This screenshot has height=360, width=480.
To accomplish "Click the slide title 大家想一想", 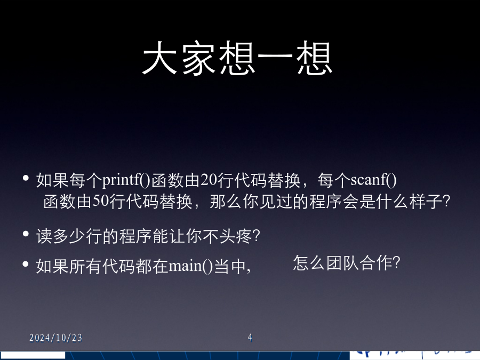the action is point(237,58).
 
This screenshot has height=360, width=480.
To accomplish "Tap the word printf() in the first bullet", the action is point(126,180).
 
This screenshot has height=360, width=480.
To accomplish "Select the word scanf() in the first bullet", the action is point(373,180).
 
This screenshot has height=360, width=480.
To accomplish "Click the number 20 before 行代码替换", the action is point(209,180).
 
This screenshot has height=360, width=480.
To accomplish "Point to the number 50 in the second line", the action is point(101,202).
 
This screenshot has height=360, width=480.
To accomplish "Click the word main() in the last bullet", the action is point(191,266).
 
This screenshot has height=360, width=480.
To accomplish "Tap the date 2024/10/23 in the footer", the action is point(55,338).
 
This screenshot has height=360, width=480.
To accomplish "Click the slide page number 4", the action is point(250,338).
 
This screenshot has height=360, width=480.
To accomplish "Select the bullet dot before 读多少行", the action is point(26,234).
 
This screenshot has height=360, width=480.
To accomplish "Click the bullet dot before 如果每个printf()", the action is point(26,178).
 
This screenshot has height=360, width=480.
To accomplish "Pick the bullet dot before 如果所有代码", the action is point(26,264).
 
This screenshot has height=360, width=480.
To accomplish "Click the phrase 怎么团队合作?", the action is point(347,263).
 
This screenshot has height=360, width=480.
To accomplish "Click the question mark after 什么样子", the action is point(446,202).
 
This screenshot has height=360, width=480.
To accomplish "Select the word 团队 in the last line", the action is point(342,263).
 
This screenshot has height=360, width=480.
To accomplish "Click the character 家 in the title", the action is point(199,58).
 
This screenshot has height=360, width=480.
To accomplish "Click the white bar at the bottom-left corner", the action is point(33,355).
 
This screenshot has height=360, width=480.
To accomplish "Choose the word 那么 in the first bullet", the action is point(226,202).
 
